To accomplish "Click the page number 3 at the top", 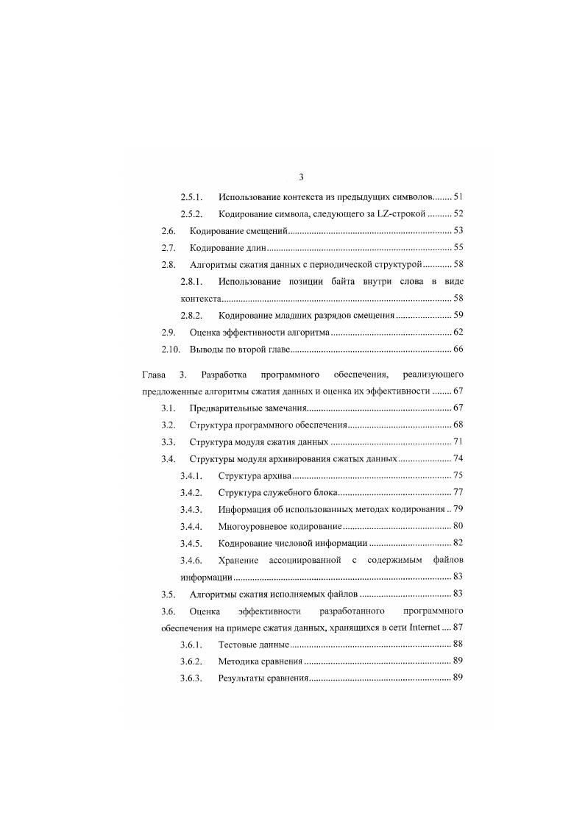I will pyautogui.click(x=302, y=177).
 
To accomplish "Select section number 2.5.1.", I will pyautogui.click(x=193, y=197).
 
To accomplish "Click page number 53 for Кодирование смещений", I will pyautogui.click(x=458, y=231).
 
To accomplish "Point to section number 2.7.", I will pyautogui.click(x=169, y=248).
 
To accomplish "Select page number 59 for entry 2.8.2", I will pyautogui.click(x=458, y=316).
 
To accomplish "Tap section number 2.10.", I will pyautogui.click(x=171, y=349).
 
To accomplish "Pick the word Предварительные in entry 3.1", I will pyautogui.click(x=224, y=408).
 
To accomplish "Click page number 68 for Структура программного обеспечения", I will pyautogui.click(x=458, y=425).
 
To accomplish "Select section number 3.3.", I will pyautogui.click(x=169, y=442).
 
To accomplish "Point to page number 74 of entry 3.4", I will pyautogui.click(x=458, y=459).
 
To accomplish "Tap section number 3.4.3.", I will pyautogui.click(x=193, y=509).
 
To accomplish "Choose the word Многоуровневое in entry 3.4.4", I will pyautogui.click(x=255, y=526).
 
